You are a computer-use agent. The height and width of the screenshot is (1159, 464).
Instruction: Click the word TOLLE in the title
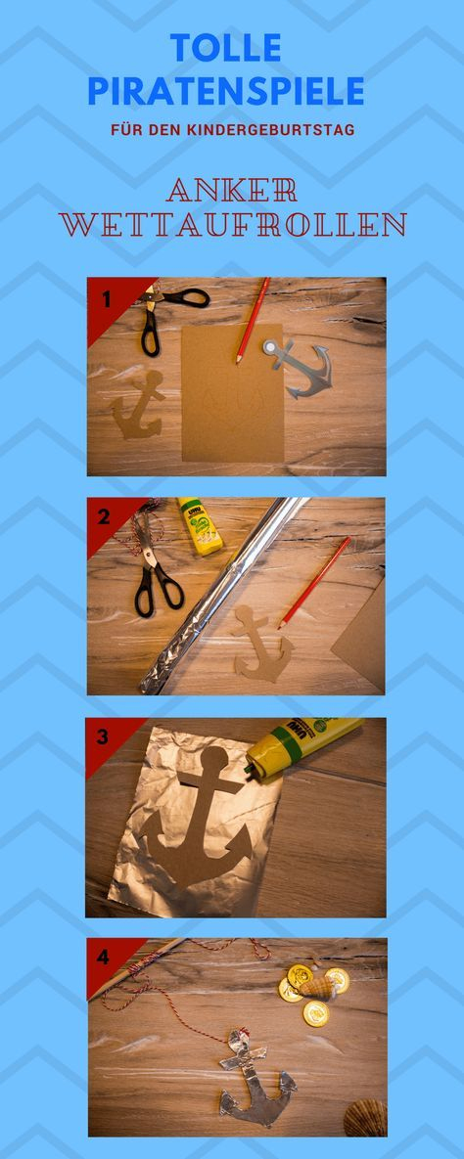(x=226, y=48)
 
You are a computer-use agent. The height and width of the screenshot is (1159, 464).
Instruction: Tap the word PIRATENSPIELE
(x=226, y=91)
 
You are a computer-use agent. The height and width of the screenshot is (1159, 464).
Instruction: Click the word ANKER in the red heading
(x=232, y=190)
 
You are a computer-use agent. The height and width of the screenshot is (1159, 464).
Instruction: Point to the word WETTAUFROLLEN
(x=232, y=224)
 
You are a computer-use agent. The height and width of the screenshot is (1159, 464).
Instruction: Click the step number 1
(x=106, y=299)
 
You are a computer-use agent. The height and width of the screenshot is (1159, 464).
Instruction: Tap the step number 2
(x=104, y=516)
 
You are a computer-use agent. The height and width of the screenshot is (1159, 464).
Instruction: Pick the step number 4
(x=103, y=958)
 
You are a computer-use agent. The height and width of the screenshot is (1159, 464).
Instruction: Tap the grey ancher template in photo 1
(x=298, y=368)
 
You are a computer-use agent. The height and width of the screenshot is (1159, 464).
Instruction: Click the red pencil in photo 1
(x=253, y=320)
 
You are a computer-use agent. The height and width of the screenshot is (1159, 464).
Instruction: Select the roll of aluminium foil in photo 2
(x=222, y=595)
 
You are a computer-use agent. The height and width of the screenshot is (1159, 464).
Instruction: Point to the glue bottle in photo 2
(x=200, y=525)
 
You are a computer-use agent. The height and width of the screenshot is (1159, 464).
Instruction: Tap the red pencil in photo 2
(x=314, y=583)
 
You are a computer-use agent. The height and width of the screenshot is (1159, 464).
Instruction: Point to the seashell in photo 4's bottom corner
(x=365, y=1118)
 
